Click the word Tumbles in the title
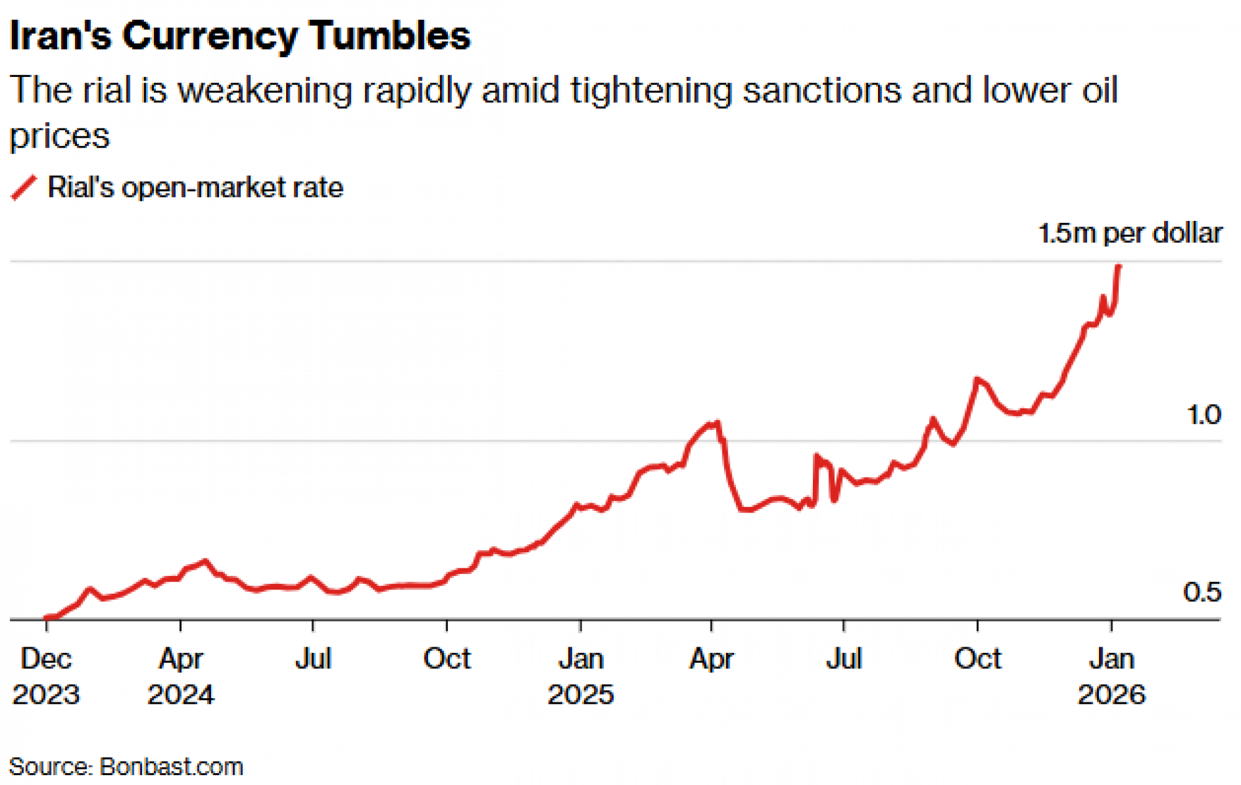pos(390,35)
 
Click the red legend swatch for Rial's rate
pos(24,187)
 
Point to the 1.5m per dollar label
pos(1129,233)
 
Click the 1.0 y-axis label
pos(1203,415)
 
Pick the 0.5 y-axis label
pos(1202,592)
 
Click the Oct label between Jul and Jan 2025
pos(447,658)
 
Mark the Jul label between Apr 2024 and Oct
pos(313,658)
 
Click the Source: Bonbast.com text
pos(126,767)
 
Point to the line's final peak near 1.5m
pos(1119,266)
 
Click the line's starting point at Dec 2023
pos(47,617)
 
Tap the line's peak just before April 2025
pos(717,423)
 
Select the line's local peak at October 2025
pos(977,379)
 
